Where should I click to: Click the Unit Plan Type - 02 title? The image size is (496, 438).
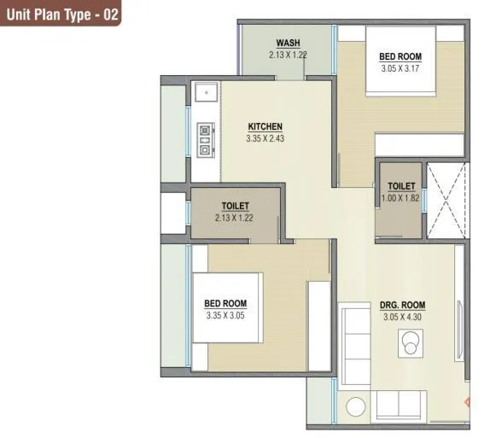click(x=60, y=15)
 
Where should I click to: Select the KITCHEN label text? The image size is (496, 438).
click(x=265, y=126)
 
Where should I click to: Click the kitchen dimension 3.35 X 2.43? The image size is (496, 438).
click(x=265, y=137)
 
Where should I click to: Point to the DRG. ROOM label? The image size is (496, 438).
click(x=402, y=305)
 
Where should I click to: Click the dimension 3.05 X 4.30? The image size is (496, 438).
click(x=402, y=316)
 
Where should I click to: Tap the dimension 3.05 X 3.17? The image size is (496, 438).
click(x=400, y=69)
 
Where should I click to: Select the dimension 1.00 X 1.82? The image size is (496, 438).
click(x=400, y=197)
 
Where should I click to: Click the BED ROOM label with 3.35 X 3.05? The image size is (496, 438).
click(x=225, y=303)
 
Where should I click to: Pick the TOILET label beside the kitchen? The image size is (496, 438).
click(x=235, y=206)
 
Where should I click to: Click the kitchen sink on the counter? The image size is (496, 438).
click(x=204, y=91)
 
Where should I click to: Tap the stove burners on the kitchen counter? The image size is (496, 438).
click(x=205, y=140)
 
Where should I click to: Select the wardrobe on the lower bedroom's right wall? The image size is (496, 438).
click(x=318, y=325)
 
